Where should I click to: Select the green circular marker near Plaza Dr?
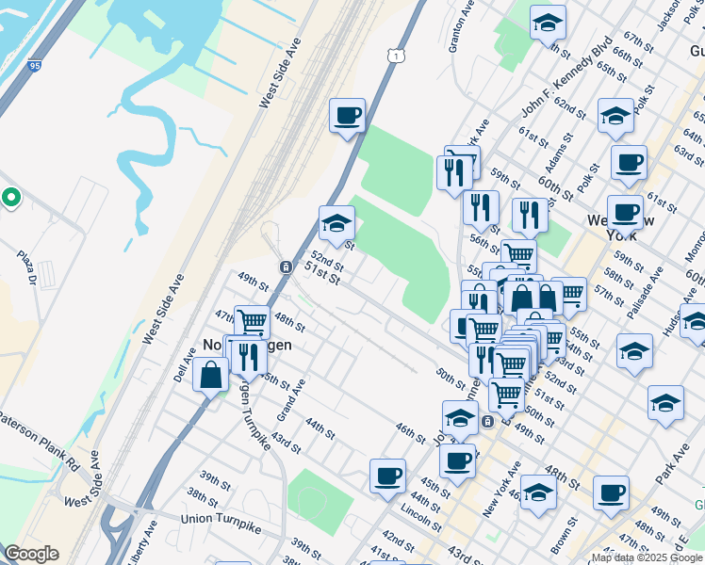pos(11,198)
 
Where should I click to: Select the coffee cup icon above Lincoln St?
pos(387,476)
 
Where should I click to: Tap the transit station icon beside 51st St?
pos(285,266)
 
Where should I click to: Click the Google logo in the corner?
pos(31,554)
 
